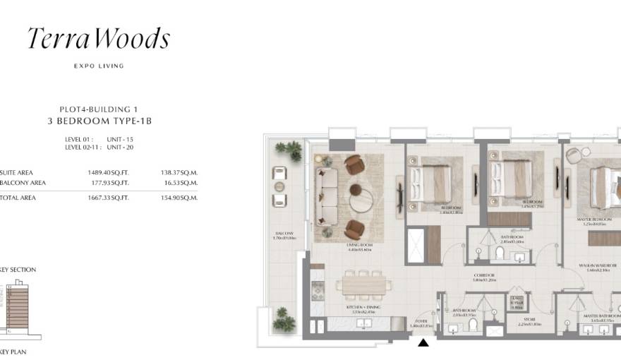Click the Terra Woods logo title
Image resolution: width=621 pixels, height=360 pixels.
tap(98, 39)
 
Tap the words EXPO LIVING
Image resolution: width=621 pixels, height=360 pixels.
tap(98, 66)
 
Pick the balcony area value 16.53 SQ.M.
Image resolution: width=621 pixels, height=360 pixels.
tap(179, 183)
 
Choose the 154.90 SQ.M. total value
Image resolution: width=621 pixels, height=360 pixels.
tap(179, 198)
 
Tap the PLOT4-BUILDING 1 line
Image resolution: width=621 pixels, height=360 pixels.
tap(98, 109)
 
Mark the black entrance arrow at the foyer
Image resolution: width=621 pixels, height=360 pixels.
tap(423, 343)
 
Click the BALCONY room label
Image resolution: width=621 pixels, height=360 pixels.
tap(285, 234)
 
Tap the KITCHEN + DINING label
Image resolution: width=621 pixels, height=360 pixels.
tap(359, 310)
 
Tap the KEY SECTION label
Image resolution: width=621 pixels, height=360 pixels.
tap(18, 270)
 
